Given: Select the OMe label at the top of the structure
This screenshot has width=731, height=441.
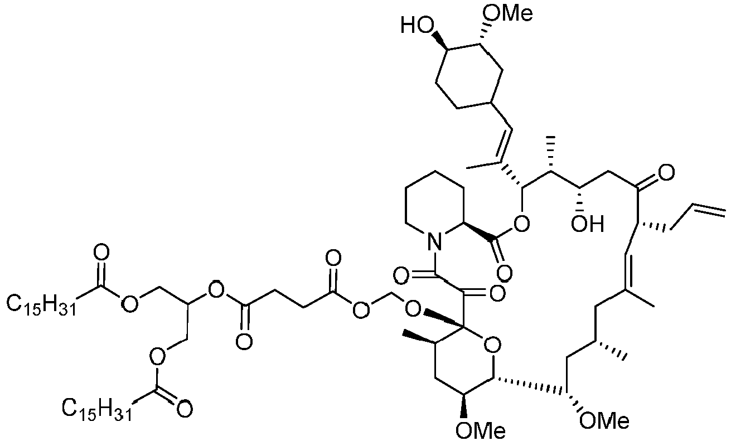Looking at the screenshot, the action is point(507,14).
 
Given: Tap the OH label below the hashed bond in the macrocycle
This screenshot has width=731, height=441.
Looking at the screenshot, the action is point(587,224).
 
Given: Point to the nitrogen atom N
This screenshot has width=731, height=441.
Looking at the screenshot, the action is point(434,242).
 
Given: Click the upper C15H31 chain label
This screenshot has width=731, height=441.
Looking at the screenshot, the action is point(41,306).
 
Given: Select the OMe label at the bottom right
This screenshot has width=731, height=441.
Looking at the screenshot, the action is point(604,421).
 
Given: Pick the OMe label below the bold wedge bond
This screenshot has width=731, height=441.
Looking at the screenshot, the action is point(481,430).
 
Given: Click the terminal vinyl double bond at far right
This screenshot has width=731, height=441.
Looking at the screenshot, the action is point(709,210).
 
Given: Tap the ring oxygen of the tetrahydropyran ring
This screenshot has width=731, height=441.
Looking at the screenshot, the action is point(492,346).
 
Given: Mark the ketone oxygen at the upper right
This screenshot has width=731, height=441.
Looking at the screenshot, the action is point(666,173).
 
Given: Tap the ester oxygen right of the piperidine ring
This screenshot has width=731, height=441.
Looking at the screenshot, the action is point(521,224).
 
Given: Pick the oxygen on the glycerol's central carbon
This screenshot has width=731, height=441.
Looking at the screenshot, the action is point(216,289).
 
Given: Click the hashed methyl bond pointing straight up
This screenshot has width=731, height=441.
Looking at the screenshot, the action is point(551,153).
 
